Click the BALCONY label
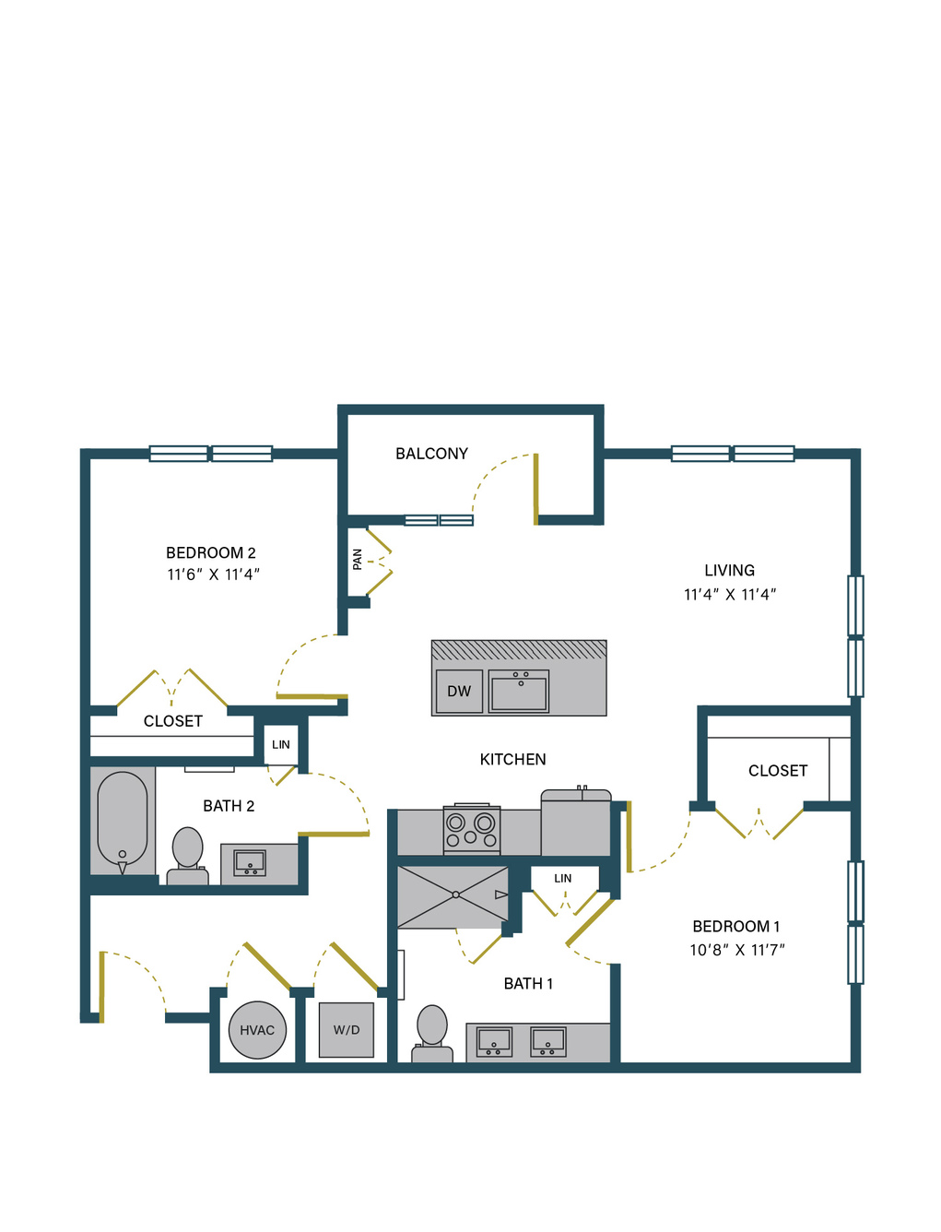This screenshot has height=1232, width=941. (x=431, y=454)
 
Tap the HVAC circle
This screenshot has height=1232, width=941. (x=257, y=1030)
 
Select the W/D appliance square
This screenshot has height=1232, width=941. (x=346, y=1030)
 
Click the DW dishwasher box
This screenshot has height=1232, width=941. (x=459, y=691)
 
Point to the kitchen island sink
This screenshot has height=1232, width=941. (x=518, y=691)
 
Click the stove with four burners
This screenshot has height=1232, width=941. (x=471, y=830)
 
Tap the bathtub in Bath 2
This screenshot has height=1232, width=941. (x=123, y=821)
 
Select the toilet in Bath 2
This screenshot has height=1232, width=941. (x=187, y=856)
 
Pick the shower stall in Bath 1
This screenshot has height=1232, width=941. (x=453, y=896)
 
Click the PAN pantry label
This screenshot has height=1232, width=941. (x=357, y=559)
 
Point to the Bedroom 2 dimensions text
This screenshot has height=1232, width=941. (x=213, y=575)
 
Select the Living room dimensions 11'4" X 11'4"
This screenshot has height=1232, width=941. (x=730, y=595)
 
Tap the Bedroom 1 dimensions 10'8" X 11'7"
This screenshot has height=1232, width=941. (x=737, y=950)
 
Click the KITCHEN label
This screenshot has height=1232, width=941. (x=512, y=760)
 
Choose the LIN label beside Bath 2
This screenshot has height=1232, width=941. (x=281, y=745)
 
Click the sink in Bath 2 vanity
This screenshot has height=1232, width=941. (x=250, y=863)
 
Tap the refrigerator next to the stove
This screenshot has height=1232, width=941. (x=576, y=823)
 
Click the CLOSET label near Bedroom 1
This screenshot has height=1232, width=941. (x=778, y=771)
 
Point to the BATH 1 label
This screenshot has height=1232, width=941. (x=528, y=983)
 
